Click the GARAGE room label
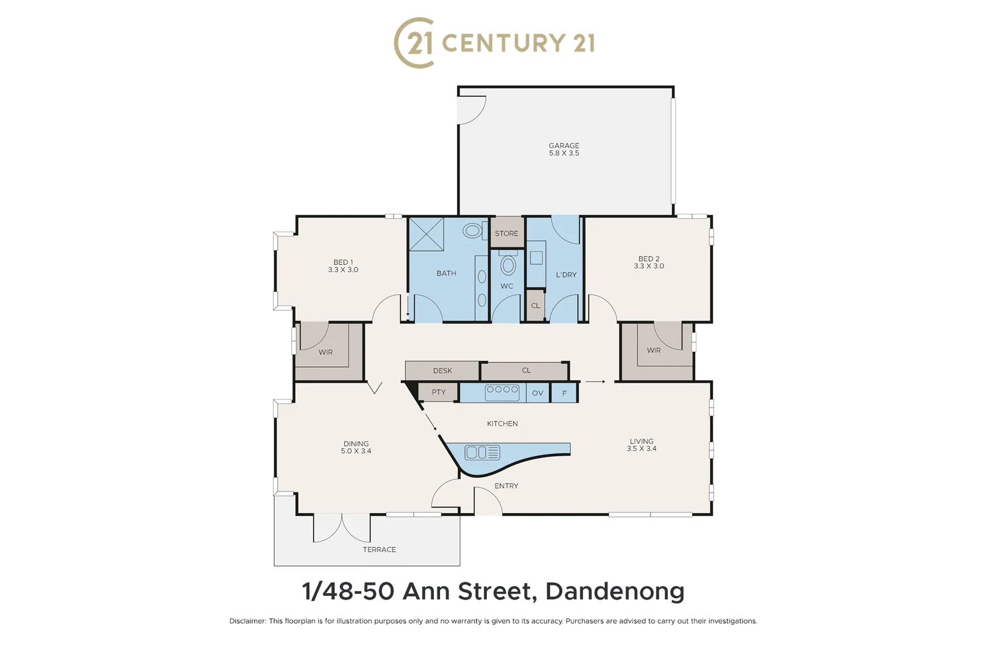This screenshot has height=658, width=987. (x=564, y=146)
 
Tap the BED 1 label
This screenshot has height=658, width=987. (x=343, y=262)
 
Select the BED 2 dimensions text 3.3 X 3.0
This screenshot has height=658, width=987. (x=649, y=266)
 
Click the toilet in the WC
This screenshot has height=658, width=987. (x=508, y=265)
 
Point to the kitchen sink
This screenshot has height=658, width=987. (x=482, y=453)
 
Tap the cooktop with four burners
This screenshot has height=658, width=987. (x=502, y=392)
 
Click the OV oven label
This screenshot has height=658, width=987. (x=537, y=393)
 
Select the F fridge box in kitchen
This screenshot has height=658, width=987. (x=564, y=393)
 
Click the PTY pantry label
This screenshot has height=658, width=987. (x=439, y=392)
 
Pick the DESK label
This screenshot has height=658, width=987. (x=442, y=370)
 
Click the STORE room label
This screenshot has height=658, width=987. (x=506, y=233)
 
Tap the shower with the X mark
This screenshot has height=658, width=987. (x=426, y=234)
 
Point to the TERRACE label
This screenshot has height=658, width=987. (x=379, y=550)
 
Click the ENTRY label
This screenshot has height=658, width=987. (x=506, y=486)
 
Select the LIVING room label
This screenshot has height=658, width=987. (x=642, y=441)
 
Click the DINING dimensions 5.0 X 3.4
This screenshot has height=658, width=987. (x=356, y=451)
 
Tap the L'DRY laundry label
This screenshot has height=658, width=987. (x=566, y=275)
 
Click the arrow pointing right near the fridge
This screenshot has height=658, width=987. (x=595, y=382)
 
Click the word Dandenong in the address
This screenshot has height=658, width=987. (x=615, y=591)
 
